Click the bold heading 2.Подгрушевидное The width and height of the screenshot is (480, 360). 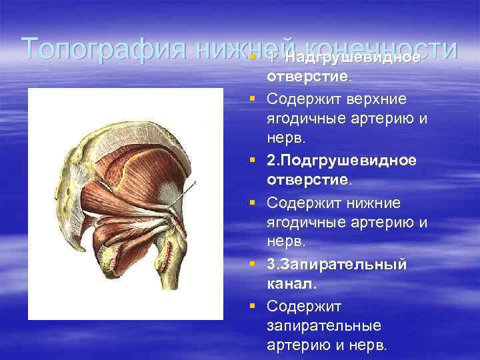[342, 161]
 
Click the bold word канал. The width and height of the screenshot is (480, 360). [292, 285]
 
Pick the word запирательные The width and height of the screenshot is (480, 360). [324, 326]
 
